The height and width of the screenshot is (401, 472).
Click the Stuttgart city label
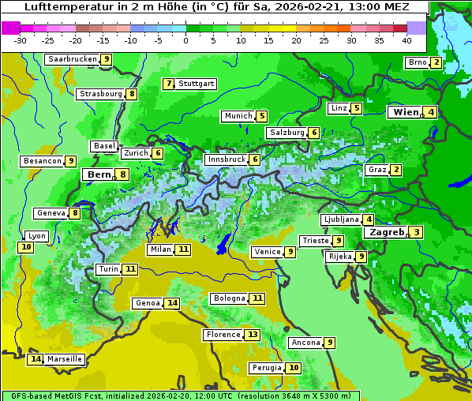point(196,84)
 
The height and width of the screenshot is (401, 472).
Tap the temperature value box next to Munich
point(262,116)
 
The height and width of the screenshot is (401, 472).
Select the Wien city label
point(405,112)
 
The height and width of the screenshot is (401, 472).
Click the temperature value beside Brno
point(436,62)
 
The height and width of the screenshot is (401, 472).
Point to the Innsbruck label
point(226,159)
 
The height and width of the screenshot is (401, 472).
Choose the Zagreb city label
point(386,232)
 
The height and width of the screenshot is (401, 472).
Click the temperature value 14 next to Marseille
point(35,359)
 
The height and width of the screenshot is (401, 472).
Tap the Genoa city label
point(148,303)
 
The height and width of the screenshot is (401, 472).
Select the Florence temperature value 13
point(253,335)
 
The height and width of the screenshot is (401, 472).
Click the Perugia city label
point(265,368)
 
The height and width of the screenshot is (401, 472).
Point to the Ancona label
point(305,343)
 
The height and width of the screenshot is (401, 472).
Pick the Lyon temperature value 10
point(26,247)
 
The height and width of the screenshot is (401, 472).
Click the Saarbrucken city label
point(72,59)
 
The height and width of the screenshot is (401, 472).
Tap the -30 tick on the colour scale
point(21,40)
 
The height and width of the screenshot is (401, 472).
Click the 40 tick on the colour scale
point(406,40)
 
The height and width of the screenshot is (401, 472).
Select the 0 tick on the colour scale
point(185,40)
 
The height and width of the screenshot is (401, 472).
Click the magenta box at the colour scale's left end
point(11,28)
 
